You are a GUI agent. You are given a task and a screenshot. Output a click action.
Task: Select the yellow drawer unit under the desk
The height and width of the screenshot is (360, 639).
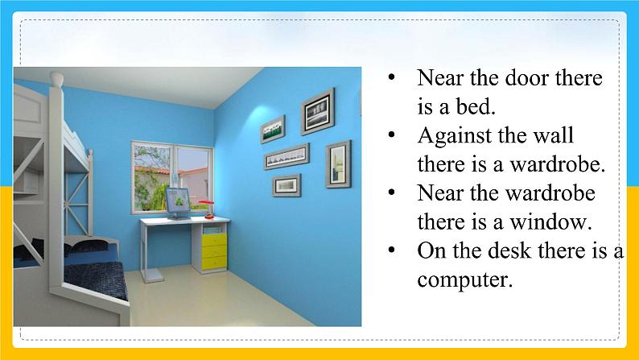pyautogui.click(x=214, y=251)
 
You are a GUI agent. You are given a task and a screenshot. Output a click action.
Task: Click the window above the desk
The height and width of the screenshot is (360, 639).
pyautogui.click(x=172, y=177)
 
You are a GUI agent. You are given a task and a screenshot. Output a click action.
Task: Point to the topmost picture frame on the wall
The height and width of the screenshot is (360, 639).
pyautogui.click(x=317, y=111)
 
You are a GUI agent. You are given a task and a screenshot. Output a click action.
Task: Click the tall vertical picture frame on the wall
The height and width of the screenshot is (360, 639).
pyautogui.click(x=338, y=164)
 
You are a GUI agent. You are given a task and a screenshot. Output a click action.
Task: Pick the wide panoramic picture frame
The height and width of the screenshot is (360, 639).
pyautogui.click(x=287, y=156)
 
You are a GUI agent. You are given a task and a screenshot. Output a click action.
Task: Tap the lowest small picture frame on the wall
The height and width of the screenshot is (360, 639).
pyautogui.click(x=287, y=185)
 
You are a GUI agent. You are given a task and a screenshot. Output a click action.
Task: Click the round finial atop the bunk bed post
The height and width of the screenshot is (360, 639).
pyautogui.click(x=56, y=79)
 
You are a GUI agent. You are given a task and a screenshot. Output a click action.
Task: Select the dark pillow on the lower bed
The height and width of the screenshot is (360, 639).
pyautogui.click(x=88, y=246)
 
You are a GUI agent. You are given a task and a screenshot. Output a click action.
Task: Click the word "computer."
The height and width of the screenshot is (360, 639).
pyautogui.click(x=464, y=280)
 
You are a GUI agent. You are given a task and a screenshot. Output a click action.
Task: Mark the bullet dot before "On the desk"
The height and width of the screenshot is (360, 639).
pyautogui.click(x=392, y=250)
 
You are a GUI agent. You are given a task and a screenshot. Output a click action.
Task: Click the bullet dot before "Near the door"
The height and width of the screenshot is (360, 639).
pyautogui.click(x=392, y=77)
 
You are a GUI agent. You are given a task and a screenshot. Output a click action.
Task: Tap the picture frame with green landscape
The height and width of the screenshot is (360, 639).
pyautogui.click(x=273, y=129)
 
